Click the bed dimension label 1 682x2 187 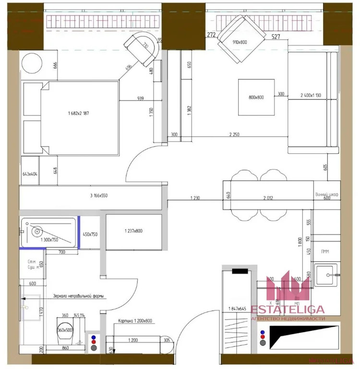click(x=79, y=114)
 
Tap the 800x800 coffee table click(x=256, y=98)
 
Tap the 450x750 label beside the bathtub click(x=90, y=234)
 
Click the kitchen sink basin click(x=329, y=276)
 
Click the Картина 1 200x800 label click(x=136, y=320)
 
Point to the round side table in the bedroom click(x=35, y=64)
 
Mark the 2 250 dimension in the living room click(x=235, y=135)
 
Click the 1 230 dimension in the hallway click(x=195, y=197)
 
